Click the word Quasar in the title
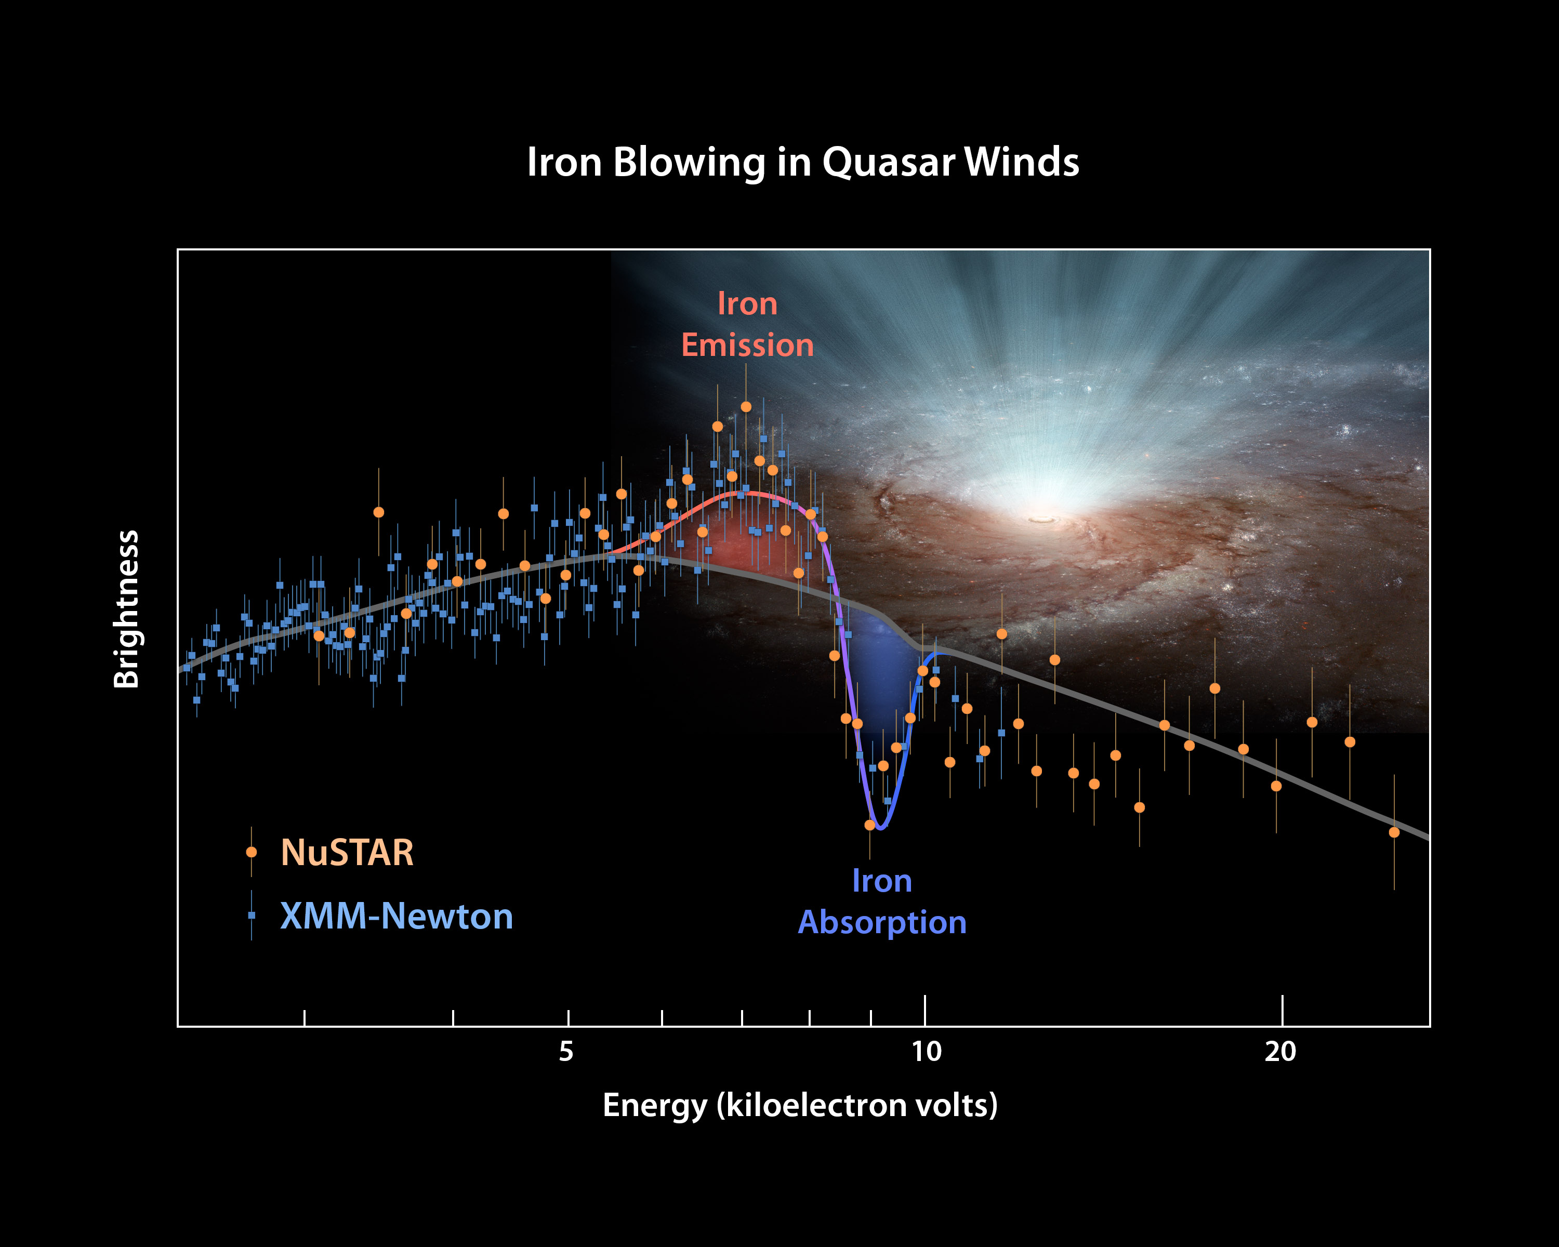click(888, 163)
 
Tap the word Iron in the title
click(564, 162)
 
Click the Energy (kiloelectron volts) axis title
click(800, 1105)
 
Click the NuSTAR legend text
click(347, 853)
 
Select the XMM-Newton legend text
click(397, 917)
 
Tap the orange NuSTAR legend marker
click(251, 852)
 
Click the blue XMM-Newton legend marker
click(251, 915)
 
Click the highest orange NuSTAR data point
click(746, 407)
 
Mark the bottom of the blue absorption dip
click(880, 828)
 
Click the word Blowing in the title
click(689, 163)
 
